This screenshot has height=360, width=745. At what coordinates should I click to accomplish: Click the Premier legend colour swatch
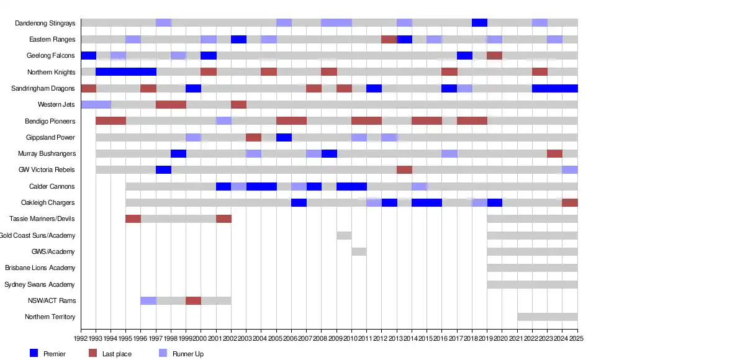(x=34, y=353)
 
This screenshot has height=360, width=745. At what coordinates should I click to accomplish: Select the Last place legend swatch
(x=93, y=353)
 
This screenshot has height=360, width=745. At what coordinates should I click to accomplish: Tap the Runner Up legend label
(x=187, y=354)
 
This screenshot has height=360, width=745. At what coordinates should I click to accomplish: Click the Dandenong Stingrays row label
(x=45, y=23)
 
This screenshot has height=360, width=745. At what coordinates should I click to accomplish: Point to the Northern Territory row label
(x=50, y=317)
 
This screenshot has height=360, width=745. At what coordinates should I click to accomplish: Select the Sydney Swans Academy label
(x=40, y=284)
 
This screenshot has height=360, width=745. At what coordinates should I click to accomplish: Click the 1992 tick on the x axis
(x=81, y=338)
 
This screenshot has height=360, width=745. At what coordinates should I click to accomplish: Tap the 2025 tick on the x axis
(x=577, y=338)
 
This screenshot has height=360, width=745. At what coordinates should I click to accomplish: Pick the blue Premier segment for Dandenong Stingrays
(x=479, y=23)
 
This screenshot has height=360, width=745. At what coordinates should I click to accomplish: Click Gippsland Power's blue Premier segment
(x=284, y=137)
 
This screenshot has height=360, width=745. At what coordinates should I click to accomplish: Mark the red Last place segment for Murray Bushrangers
(x=554, y=153)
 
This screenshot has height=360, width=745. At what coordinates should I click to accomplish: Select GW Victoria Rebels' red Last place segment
(x=404, y=170)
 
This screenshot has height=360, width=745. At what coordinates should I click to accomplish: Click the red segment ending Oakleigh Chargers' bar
(x=570, y=202)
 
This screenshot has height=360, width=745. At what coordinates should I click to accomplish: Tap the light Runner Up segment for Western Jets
(x=96, y=104)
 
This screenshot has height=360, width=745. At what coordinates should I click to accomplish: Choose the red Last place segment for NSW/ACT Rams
(x=193, y=300)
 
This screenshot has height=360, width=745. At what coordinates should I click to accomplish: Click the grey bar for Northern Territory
(x=547, y=317)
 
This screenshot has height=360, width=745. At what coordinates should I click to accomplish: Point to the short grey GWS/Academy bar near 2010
(x=359, y=251)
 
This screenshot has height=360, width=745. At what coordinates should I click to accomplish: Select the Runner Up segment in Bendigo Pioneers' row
(x=223, y=121)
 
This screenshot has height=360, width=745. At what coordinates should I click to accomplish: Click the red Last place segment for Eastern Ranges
(x=389, y=40)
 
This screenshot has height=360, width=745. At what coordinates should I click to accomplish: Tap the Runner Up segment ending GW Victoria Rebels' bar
(x=570, y=170)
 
